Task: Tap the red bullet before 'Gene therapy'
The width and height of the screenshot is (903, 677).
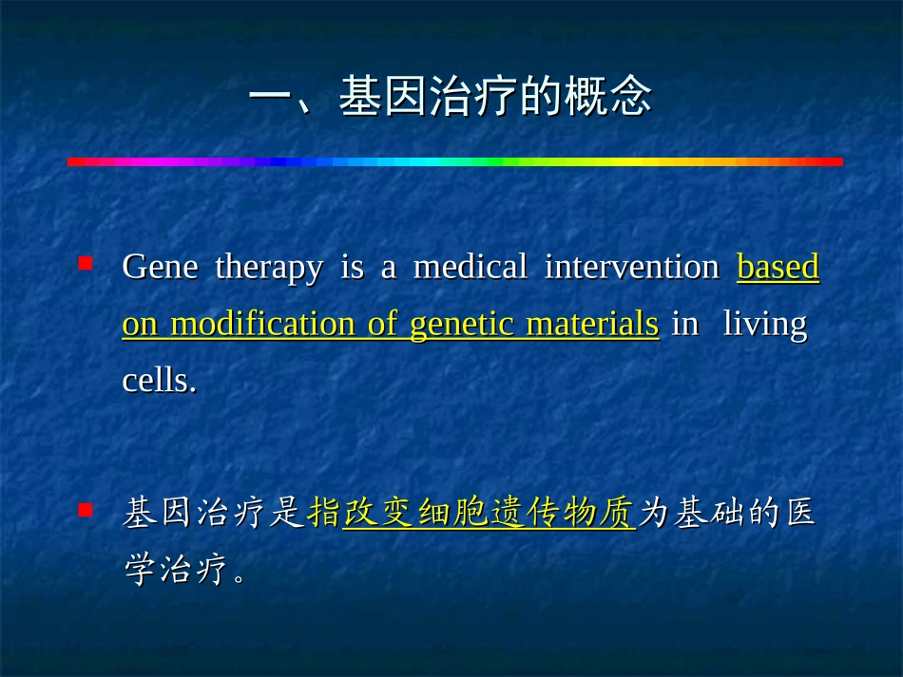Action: [86, 261]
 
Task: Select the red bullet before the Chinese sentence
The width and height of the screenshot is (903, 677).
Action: [86, 510]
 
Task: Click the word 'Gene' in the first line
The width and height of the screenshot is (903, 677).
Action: [160, 269]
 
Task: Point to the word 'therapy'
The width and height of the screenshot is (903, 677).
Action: [269, 269]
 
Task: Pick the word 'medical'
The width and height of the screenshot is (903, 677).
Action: [470, 269]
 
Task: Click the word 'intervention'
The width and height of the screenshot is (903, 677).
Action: [631, 269]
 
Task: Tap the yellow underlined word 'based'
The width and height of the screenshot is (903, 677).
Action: [778, 269]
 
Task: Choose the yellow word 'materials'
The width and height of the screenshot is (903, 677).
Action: [592, 325]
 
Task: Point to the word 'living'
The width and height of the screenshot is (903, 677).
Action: [765, 326]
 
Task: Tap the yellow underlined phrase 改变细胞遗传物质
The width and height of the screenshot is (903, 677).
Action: [489, 515]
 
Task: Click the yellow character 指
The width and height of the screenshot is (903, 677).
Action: [325, 515]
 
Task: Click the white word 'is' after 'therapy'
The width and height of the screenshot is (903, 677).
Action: [352, 269]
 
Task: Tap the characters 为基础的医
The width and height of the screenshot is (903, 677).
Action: [727, 515]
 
